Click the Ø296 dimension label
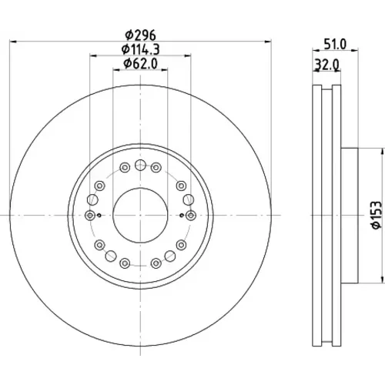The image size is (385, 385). click(x=140, y=35)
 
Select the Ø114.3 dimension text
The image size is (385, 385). click(x=141, y=49)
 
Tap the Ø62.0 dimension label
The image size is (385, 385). click(x=140, y=63)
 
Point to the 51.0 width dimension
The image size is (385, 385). click(x=335, y=44)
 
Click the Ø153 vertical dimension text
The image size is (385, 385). click(x=377, y=215)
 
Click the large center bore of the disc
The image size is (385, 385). click(x=140, y=215)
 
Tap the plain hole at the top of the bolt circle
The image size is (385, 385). click(x=140, y=165)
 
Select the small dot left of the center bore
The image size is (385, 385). click(x=99, y=215)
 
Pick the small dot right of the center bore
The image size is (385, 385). click(x=182, y=215)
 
